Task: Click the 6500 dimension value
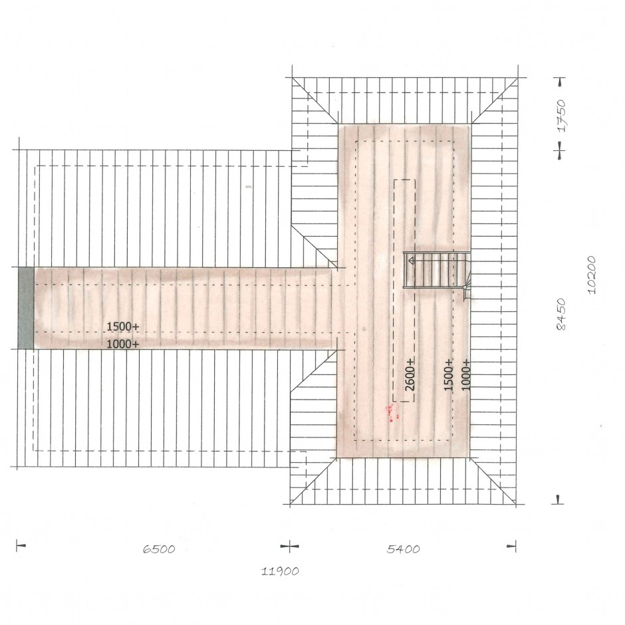[159, 549]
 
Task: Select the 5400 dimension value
[404, 549]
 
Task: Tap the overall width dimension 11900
[280, 571]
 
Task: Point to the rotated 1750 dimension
[562, 116]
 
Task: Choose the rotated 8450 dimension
[561, 314]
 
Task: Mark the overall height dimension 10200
[592, 275]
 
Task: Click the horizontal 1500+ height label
[123, 326]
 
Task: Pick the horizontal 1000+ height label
[123, 344]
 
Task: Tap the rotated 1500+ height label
[449, 375]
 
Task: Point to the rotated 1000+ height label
[466, 375]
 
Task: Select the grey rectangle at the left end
[26, 308]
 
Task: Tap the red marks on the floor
[392, 412]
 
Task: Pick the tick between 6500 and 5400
[290, 546]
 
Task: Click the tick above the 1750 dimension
[561, 82]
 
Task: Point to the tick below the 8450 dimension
[559, 500]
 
